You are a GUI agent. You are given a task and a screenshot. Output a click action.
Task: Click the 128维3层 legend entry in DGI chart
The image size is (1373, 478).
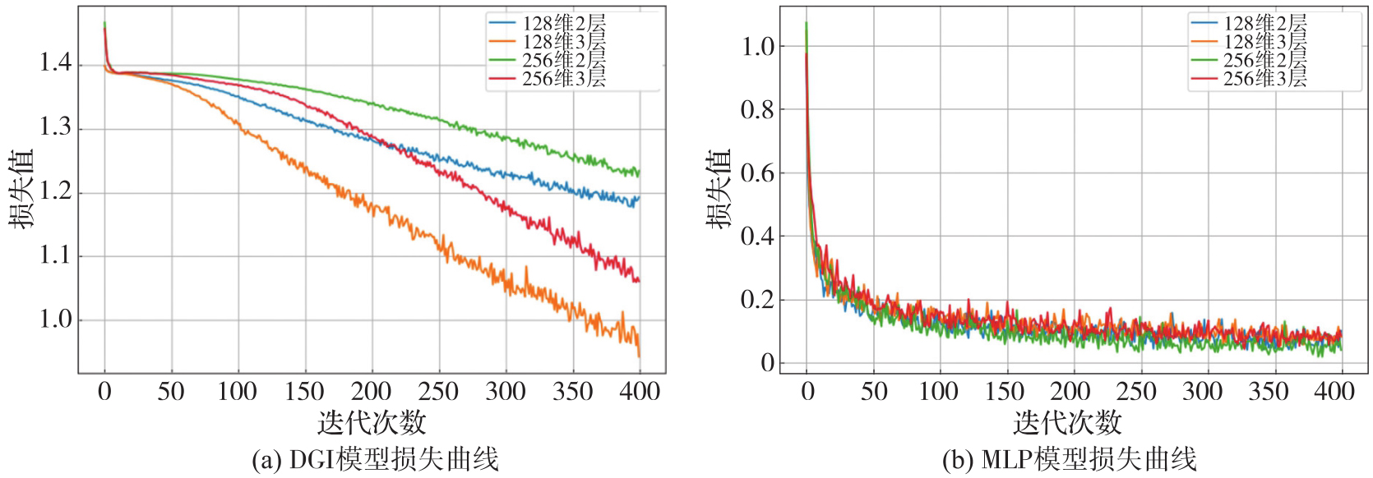click(x=564, y=42)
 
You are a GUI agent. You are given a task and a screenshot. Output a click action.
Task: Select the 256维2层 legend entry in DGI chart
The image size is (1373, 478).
click(x=564, y=60)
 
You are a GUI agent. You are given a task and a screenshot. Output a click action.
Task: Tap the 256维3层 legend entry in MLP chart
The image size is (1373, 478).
click(x=1264, y=79)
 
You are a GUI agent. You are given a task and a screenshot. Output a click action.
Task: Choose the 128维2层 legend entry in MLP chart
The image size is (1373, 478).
click(x=1264, y=24)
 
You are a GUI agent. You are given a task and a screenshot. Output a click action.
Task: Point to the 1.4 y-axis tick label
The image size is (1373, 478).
click(x=56, y=63)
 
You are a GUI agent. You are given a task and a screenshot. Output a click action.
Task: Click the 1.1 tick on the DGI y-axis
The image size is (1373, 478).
click(x=56, y=255)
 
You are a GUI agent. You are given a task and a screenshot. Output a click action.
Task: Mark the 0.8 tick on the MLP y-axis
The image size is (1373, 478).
click(x=757, y=109)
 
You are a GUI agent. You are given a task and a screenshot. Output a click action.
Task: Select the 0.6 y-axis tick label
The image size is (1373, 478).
click(x=757, y=172)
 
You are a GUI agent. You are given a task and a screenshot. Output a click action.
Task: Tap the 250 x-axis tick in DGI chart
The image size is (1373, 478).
click(x=438, y=391)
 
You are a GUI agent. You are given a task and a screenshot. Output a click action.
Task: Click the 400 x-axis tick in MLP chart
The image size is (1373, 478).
click(x=1334, y=391)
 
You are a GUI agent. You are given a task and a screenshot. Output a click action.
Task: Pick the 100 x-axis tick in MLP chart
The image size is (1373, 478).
click(x=939, y=391)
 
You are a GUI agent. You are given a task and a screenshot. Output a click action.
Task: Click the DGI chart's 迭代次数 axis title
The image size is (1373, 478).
click(x=372, y=423)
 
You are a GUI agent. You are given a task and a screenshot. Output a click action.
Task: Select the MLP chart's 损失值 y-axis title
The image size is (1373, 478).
click(x=718, y=189)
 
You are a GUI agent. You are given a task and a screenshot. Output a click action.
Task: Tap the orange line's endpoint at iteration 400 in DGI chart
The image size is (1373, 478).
click(x=639, y=356)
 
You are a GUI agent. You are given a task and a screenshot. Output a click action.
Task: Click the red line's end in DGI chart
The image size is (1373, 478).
click(x=639, y=281)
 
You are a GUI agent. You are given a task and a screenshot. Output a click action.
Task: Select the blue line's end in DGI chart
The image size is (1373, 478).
click(x=639, y=198)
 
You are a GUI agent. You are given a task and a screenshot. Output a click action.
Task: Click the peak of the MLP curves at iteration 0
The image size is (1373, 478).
click(x=806, y=23)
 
